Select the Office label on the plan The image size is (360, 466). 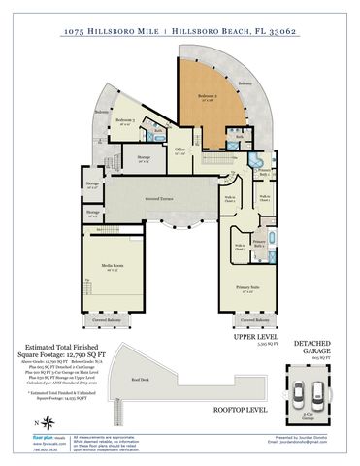(180, 149)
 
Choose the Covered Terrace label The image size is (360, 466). (158, 198)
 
